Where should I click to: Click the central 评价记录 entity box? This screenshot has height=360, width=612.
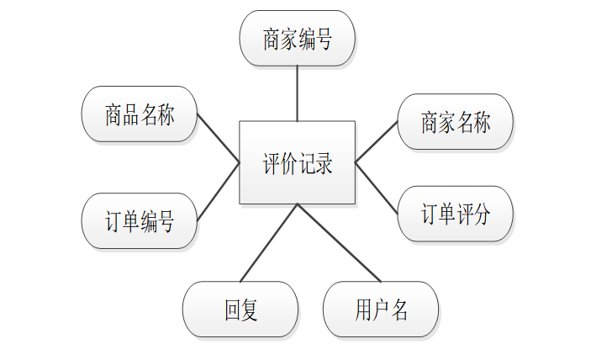click(297, 162)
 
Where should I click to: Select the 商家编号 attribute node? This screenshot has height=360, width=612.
click(297, 39)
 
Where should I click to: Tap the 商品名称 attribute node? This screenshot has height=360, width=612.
click(140, 114)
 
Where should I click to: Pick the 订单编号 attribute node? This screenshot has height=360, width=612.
click(140, 221)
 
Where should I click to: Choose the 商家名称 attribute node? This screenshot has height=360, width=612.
click(455, 122)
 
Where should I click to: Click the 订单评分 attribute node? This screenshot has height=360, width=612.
click(455, 214)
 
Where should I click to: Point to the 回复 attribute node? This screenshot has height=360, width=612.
click(240, 310)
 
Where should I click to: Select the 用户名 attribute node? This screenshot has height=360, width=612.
click(381, 310)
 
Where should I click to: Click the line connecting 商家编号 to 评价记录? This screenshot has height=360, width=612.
click(297, 93)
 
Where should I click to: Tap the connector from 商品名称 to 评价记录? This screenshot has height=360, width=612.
click(219, 138)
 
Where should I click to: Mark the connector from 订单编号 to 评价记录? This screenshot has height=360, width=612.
click(219, 192)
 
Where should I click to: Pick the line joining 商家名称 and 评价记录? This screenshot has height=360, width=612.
click(376, 141)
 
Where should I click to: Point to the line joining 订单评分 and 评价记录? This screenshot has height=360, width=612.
click(376, 187)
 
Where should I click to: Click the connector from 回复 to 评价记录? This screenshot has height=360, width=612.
click(269, 242)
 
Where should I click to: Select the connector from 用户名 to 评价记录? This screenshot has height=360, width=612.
click(339, 242)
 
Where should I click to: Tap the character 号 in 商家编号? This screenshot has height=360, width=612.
click(323, 40)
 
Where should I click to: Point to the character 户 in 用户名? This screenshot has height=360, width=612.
click(381, 310)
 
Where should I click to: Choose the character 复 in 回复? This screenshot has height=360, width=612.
click(250, 310)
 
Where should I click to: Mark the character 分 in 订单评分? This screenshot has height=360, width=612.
click(481, 214)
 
